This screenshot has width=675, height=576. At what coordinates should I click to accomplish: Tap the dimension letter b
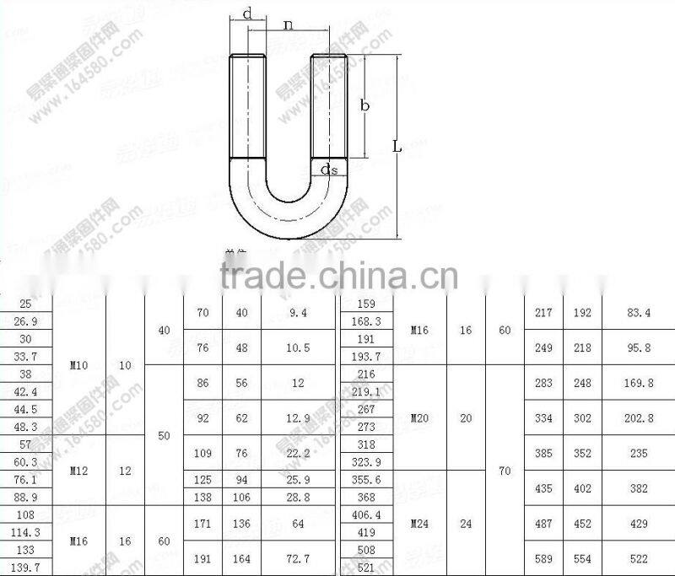(364, 105)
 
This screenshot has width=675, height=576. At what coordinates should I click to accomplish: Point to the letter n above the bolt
(289, 24)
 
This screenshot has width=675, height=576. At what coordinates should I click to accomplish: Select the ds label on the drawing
(329, 170)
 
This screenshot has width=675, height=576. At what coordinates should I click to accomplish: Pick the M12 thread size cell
(79, 471)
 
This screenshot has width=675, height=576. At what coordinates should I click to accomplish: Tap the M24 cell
(419, 523)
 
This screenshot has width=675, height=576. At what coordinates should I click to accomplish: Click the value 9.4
(299, 313)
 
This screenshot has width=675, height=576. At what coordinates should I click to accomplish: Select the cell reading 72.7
(299, 558)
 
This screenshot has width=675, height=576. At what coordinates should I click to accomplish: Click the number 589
(543, 558)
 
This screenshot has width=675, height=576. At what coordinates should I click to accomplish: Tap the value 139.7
(26, 567)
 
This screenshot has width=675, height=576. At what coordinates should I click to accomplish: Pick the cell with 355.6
(365, 479)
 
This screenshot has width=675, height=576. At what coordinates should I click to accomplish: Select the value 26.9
(26, 321)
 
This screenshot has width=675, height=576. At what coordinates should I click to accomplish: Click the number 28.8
(299, 497)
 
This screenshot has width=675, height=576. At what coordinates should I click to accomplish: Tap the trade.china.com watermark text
(338, 275)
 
